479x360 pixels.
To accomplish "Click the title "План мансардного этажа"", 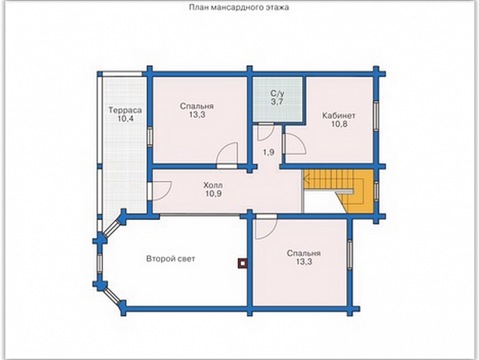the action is [x=239, y=7].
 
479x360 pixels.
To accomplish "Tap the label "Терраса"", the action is [x=125, y=110].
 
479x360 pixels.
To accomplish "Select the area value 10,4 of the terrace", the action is [x=125, y=119].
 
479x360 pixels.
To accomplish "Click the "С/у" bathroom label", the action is [x=277, y=93].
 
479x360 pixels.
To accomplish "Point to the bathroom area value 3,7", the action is [x=277, y=102].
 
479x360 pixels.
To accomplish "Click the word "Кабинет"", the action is [x=338, y=116].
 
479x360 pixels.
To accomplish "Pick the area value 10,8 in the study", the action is [x=339, y=124].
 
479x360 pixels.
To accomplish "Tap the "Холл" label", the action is [x=213, y=185].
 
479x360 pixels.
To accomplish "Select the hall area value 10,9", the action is [x=214, y=194].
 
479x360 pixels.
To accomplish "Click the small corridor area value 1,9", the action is [x=269, y=152].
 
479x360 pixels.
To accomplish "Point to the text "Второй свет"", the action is [x=171, y=259].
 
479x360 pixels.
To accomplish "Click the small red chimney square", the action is [x=243, y=263].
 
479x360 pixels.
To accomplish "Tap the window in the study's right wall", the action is [x=376, y=115].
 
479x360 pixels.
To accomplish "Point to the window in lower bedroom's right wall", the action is [x=350, y=254].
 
